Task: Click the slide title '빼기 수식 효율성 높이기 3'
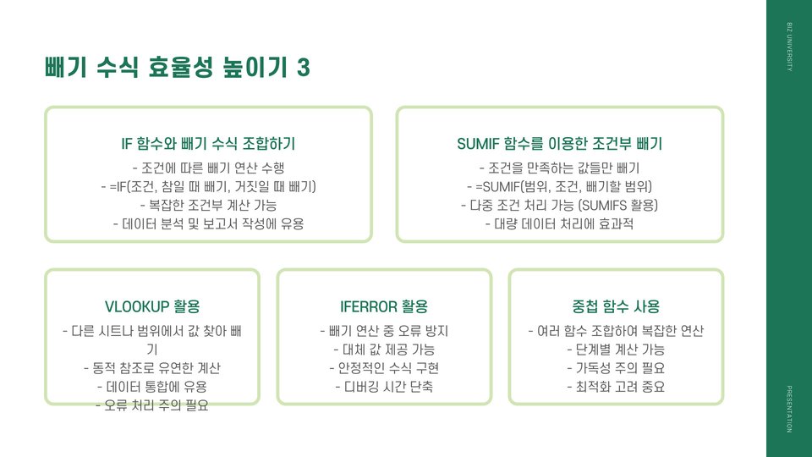tap(177, 68)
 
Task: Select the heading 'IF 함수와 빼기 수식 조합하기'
tap(208, 144)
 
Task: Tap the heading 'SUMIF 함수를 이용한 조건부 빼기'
tap(559, 144)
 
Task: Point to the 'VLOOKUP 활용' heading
tap(152, 306)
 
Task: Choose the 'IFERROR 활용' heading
tap(384, 306)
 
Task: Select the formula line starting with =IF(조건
tap(208, 186)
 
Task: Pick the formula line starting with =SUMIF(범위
tap(559, 186)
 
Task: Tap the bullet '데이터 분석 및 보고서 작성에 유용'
tap(208, 224)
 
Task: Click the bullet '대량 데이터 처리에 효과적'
tap(559, 224)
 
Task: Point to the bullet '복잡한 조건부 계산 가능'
tap(208, 205)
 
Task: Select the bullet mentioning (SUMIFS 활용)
tap(559, 205)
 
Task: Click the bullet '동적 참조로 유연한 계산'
tap(152, 368)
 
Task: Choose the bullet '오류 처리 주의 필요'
tap(152, 405)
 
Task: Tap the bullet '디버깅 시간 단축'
tap(384, 388)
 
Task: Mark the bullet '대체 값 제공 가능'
tap(384, 350)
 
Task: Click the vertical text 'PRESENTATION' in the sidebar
tap(789, 409)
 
